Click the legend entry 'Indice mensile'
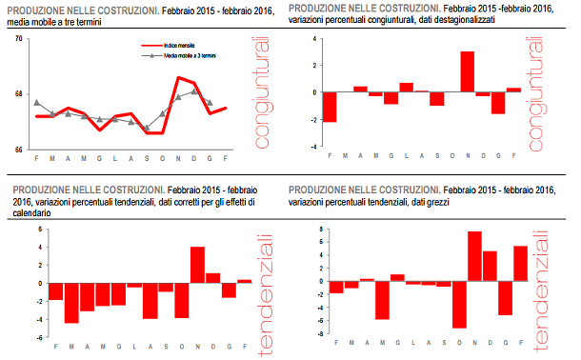click(182, 45)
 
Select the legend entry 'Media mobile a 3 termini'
click(186, 57)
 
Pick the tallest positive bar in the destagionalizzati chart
click(467, 71)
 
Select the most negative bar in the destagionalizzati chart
click(330, 107)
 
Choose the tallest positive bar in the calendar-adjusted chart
click(197, 265)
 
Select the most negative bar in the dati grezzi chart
click(458, 304)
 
